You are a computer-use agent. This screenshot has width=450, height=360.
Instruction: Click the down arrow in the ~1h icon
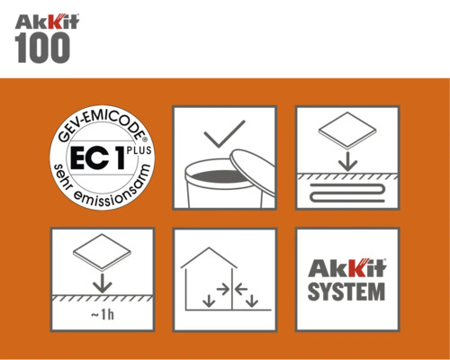tap(103, 280)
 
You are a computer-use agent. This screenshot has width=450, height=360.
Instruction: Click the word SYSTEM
tap(347, 292)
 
